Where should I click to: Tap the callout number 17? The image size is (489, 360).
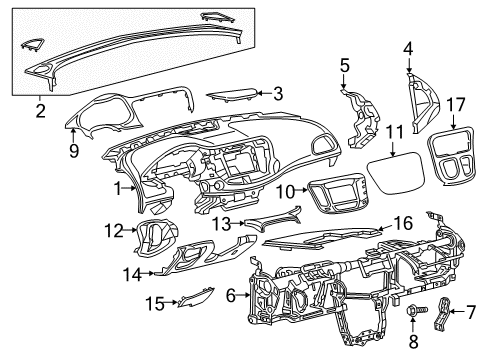tap(456, 104)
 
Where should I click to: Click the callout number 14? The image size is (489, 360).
tap(132, 272)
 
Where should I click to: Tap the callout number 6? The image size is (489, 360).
tap(231, 295)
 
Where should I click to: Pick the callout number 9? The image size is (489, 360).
tap(74, 152)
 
